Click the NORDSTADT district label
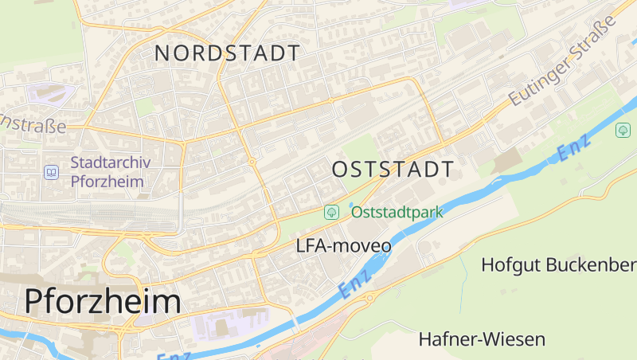point(228,53)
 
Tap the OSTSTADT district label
point(393,169)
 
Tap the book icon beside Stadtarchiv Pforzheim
point(52,172)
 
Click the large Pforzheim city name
point(103,301)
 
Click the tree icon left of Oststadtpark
point(331,212)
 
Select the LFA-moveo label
point(343,246)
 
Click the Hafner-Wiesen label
point(482,339)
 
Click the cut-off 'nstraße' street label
point(33,126)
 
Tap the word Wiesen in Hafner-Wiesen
point(517,339)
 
